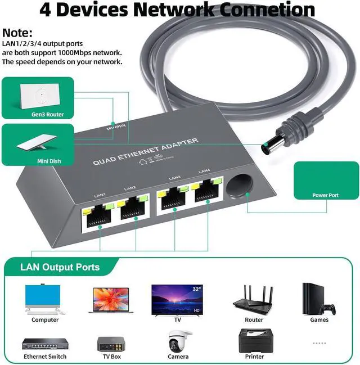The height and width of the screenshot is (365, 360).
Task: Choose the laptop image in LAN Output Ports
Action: (x=110, y=300)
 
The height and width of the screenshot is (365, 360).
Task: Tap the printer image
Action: (x=254, y=341)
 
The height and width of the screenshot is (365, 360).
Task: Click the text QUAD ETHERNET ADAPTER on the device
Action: (x=146, y=152)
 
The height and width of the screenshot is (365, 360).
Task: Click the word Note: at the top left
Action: (x=17, y=34)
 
